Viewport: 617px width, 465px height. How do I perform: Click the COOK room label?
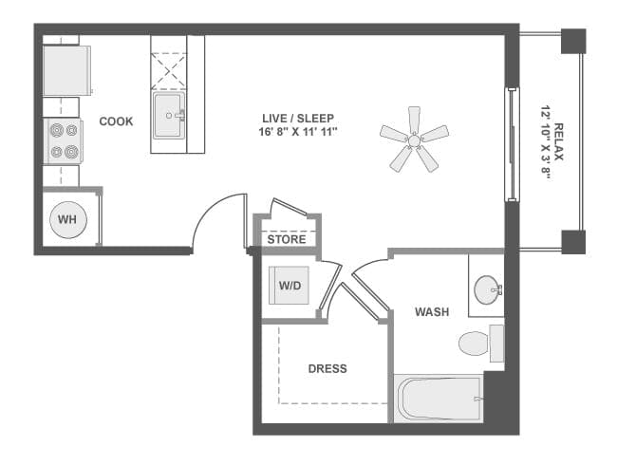(116, 121)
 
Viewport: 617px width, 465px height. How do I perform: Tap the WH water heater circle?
(67, 220)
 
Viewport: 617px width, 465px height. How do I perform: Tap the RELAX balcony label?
(560, 141)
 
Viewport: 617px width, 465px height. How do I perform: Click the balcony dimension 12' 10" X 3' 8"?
(546, 141)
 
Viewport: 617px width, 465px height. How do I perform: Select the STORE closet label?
(287, 239)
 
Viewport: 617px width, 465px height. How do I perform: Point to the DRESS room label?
(327, 368)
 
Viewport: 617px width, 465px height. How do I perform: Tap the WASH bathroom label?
(432, 311)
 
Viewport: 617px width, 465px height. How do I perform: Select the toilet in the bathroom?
(477, 343)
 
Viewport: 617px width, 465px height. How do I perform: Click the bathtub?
(439, 399)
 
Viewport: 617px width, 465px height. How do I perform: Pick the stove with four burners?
(63, 141)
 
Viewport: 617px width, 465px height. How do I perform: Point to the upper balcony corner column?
(573, 41)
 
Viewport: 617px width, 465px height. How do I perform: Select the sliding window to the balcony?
(512, 144)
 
